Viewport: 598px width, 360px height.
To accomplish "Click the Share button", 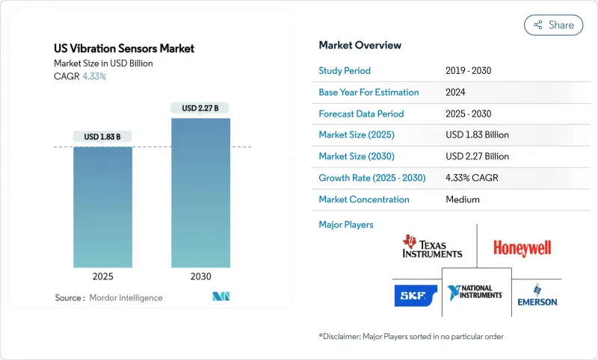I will pyautogui.click(x=554, y=25).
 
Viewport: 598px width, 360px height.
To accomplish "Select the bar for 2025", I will pyautogui.click(x=102, y=207).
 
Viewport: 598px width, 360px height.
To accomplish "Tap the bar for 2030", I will pyautogui.click(x=200, y=192).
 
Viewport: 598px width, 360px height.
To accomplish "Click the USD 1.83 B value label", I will pyautogui.click(x=102, y=137).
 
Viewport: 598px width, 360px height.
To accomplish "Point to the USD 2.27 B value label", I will pyautogui.click(x=200, y=108).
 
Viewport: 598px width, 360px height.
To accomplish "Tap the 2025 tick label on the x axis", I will pyautogui.click(x=102, y=276).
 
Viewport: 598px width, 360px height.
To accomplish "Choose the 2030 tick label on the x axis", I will pyautogui.click(x=200, y=276).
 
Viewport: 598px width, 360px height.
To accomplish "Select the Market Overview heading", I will pyautogui.click(x=360, y=46).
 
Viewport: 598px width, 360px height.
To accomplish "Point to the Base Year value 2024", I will pyautogui.click(x=456, y=93).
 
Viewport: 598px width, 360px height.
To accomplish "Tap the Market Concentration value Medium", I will pyautogui.click(x=462, y=199).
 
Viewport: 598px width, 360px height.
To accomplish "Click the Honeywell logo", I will pyautogui.click(x=523, y=248).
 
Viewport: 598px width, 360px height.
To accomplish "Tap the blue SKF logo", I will pyautogui.click(x=416, y=296).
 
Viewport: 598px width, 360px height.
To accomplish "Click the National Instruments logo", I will pyautogui.click(x=475, y=292).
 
